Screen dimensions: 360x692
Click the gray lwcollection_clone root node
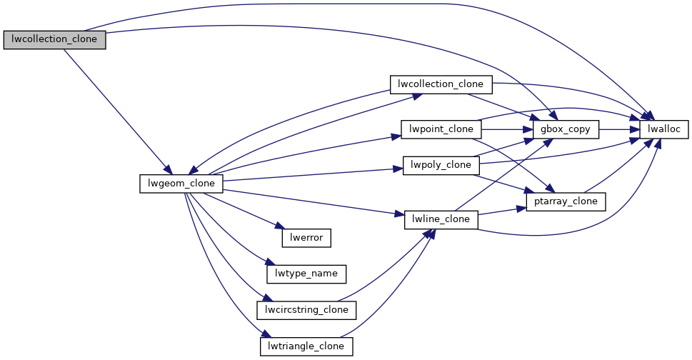(x=54, y=40)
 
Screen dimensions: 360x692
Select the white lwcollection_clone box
(x=441, y=84)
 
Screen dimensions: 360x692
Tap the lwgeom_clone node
(x=181, y=184)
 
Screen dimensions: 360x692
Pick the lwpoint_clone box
(x=441, y=129)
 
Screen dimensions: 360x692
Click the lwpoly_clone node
(x=441, y=165)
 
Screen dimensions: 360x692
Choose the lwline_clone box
(x=441, y=219)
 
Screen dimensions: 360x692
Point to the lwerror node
(x=306, y=237)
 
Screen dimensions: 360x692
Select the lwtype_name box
(x=306, y=274)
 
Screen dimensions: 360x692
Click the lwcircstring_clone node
(x=306, y=310)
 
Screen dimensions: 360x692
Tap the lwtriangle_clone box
(x=306, y=346)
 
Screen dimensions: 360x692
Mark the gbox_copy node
(x=566, y=129)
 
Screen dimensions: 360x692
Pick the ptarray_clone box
(x=566, y=201)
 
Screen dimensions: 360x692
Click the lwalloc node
(x=663, y=129)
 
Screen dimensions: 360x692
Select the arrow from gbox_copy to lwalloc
(x=618, y=129)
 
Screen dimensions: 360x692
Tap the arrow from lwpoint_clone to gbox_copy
(x=508, y=129)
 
